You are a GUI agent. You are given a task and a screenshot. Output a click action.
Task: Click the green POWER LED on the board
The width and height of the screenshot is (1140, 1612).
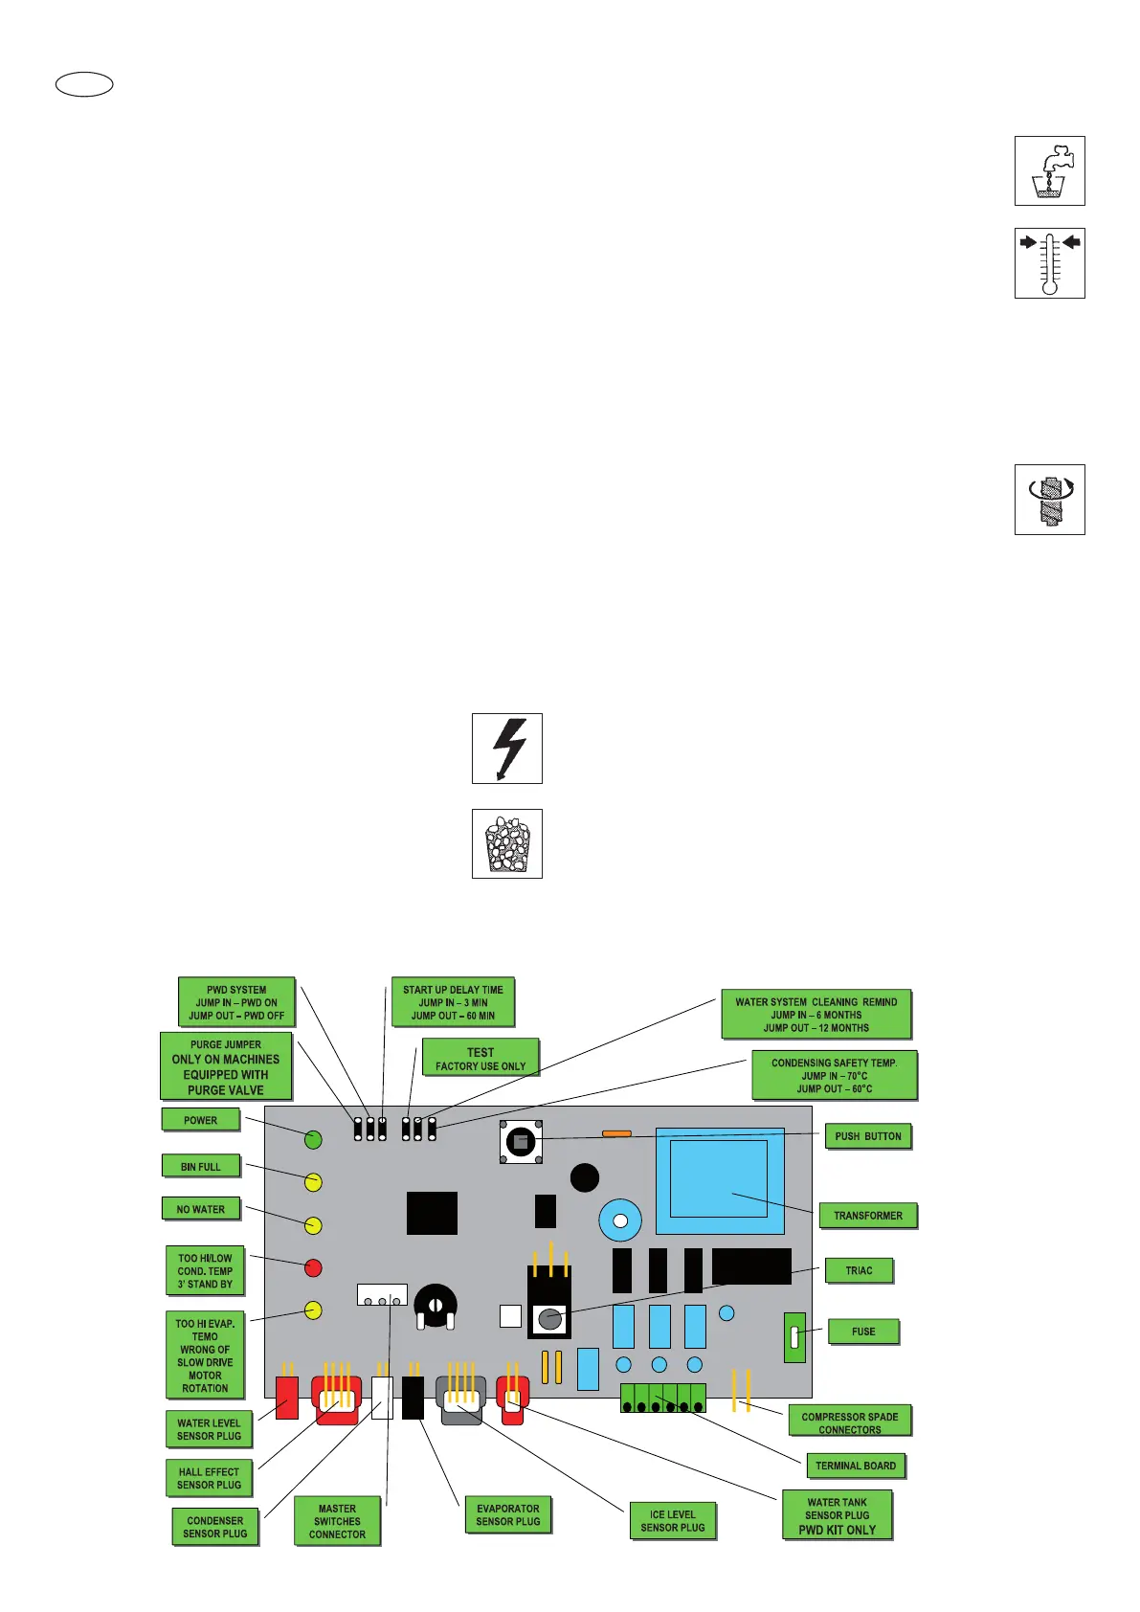[313, 1139]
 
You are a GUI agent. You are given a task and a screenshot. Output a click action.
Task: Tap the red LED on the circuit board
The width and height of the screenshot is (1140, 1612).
[313, 1268]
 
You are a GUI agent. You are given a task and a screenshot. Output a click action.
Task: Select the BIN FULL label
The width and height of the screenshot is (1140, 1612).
[201, 1166]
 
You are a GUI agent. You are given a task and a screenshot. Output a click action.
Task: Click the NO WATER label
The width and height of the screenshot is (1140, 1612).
[201, 1209]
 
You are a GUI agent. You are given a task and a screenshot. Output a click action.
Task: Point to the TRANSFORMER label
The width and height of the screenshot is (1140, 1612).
[867, 1216]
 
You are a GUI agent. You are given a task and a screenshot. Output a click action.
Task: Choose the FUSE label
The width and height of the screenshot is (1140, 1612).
[862, 1332]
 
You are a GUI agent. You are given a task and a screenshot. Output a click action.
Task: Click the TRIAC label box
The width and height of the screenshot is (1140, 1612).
[859, 1270]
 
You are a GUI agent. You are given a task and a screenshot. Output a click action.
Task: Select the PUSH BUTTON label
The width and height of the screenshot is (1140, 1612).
[867, 1136]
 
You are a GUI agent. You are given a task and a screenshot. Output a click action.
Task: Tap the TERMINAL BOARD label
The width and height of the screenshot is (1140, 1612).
[855, 1466]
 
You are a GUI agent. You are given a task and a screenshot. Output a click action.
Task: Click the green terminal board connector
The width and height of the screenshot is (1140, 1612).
[662, 1399]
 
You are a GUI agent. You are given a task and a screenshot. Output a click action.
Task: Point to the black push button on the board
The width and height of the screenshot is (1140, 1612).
[521, 1142]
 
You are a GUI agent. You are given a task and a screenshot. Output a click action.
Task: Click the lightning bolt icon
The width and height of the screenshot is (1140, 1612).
[507, 749]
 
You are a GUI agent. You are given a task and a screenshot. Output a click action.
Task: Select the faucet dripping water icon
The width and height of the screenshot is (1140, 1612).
[1049, 170]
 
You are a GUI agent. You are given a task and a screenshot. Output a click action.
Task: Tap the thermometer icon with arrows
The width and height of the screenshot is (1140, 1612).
[1049, 263]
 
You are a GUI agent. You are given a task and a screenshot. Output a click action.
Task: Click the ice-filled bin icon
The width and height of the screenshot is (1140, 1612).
[507, 844]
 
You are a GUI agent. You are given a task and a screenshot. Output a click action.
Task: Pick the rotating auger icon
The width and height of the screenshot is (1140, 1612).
[1049, 500]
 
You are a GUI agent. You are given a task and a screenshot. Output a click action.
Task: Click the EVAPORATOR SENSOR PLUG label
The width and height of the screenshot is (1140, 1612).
[507, 1514]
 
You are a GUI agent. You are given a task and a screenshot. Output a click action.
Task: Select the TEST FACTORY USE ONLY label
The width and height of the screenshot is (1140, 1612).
[480, 1058]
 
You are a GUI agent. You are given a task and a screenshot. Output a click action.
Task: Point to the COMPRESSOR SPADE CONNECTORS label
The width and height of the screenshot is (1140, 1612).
[849, 1422]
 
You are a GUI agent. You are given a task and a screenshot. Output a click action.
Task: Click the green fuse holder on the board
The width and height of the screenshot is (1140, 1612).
[794, 1336]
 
